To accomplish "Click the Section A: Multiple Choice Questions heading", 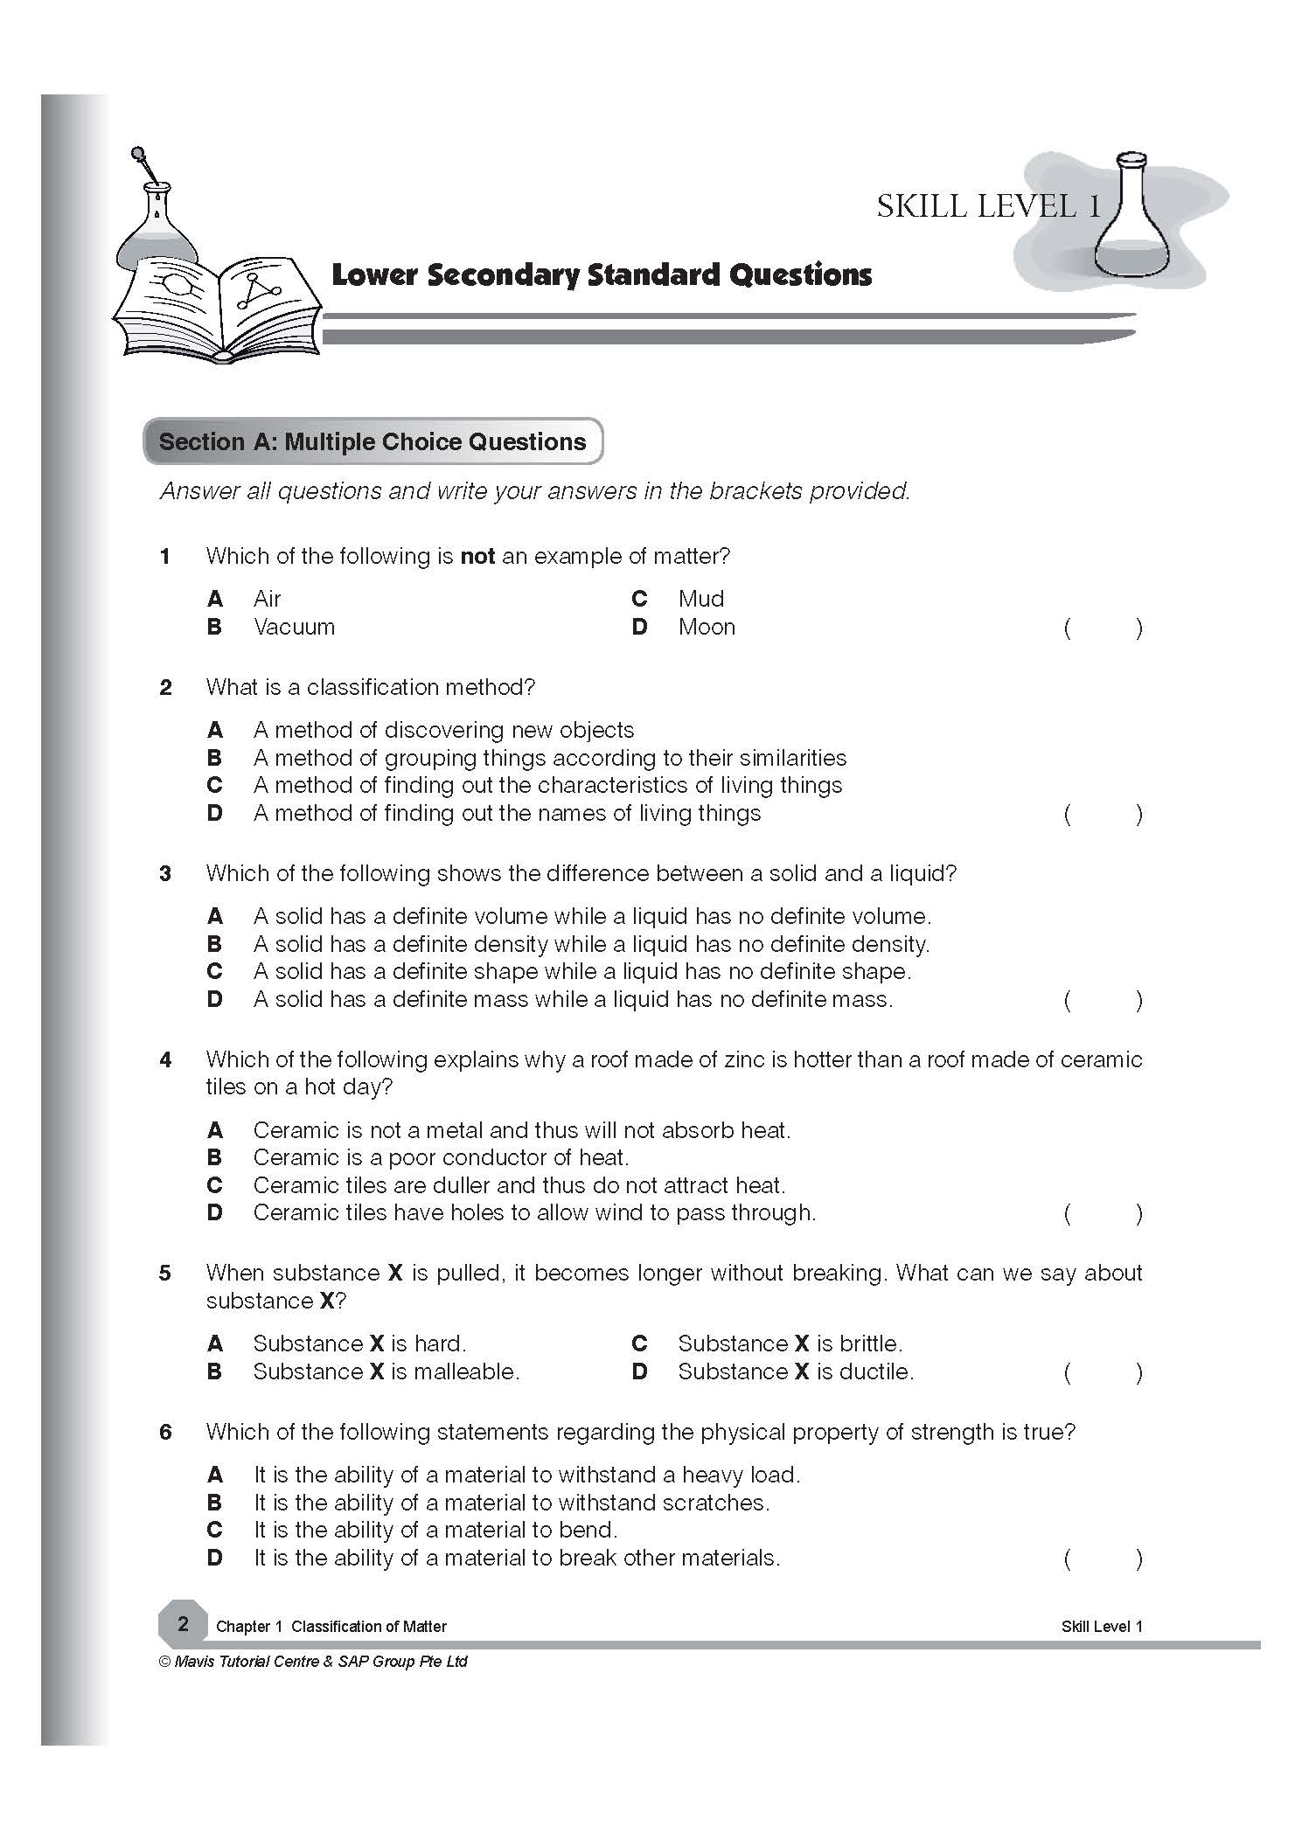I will tap(372, 441).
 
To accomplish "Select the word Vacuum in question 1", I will tap(294, 628).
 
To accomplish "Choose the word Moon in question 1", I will tap(707, 628).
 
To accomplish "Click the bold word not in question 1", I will tap(477, 557).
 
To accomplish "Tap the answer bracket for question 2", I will tap(1103, 815).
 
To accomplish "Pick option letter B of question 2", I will tap(215, 758).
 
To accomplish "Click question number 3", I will tap(165, 874).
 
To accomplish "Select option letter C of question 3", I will tap(215, 971).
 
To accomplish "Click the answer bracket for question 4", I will tap(1103, 1213).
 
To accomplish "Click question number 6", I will tap(165, 1433).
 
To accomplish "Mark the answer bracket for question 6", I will tap(1103, 1559).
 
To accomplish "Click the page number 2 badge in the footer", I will tap(183, 1625).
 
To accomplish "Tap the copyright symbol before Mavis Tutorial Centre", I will tap(164, 1662).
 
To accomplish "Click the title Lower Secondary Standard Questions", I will tap(602, 275).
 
